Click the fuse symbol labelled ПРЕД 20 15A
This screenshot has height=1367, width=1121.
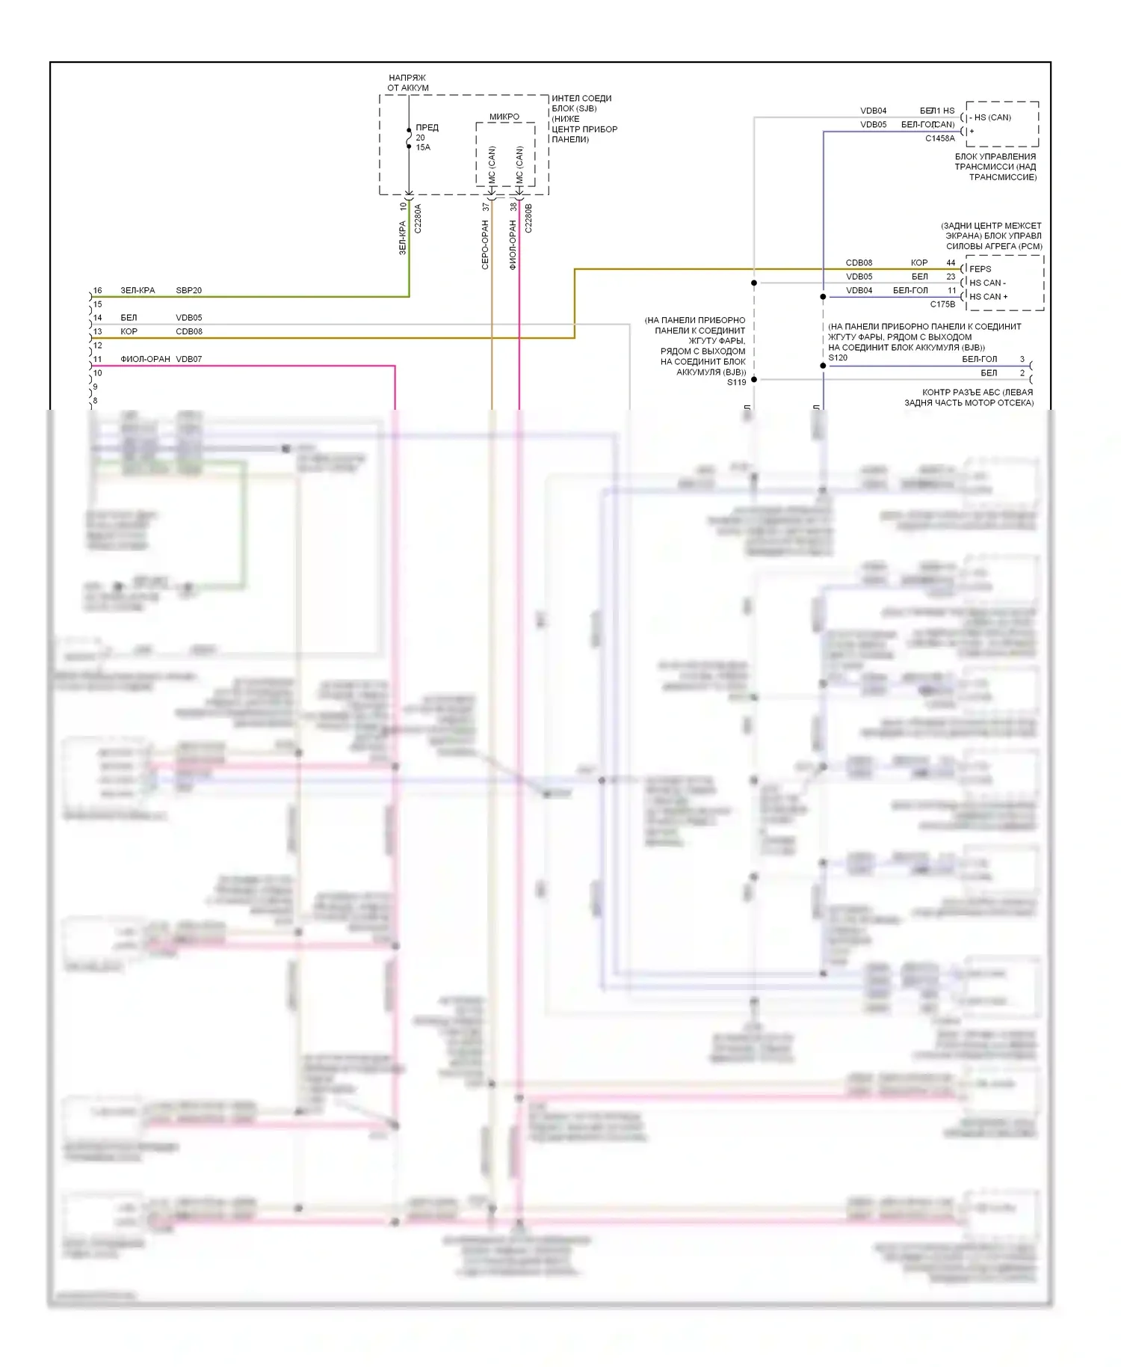click(x=409, y=138)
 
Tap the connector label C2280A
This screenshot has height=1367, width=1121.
click(x=418, y=218)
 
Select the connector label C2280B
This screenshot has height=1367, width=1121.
click(x=528, y=218)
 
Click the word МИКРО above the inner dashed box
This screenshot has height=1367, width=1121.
click(x=504, y=117)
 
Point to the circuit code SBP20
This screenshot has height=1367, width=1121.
click(x=188, y=290)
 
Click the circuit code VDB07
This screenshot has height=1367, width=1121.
click(x=188, y=359)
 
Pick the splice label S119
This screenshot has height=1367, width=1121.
click(x=736, y=382)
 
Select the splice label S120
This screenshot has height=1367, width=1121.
click(x=838, y=357)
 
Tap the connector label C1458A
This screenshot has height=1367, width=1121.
click(x=939, y=138)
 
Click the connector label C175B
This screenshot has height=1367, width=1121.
click(x=942, y=304)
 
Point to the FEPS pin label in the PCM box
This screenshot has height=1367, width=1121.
click(x=980, y=269)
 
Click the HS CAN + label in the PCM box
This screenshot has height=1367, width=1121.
click(x=988, y=297)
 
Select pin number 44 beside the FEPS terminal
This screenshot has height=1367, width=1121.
click(x=951, y=262)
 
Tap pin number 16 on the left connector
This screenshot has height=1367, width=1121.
click(x=97, y=290)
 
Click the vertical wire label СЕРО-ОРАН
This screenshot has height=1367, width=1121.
click(x=485, y=245)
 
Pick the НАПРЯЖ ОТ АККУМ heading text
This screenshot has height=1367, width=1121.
click(x=407, y=82)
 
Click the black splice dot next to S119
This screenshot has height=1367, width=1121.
click(x=754, y=380)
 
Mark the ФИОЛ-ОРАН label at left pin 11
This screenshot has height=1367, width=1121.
click(x=145, y=359)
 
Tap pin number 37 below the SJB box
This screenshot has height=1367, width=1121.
click(x=486, y=206)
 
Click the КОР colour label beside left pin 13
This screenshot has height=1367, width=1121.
click(x=129, y=331)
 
